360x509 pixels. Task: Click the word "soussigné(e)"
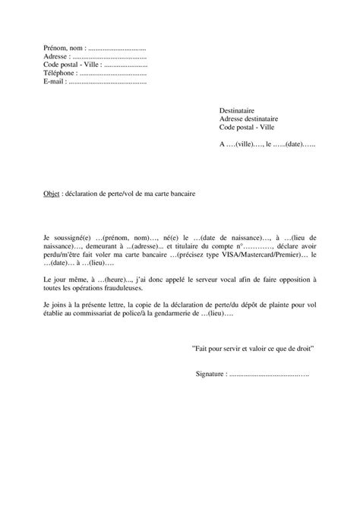tap(71, 237)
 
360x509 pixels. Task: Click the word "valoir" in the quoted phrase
tap(257, 349)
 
